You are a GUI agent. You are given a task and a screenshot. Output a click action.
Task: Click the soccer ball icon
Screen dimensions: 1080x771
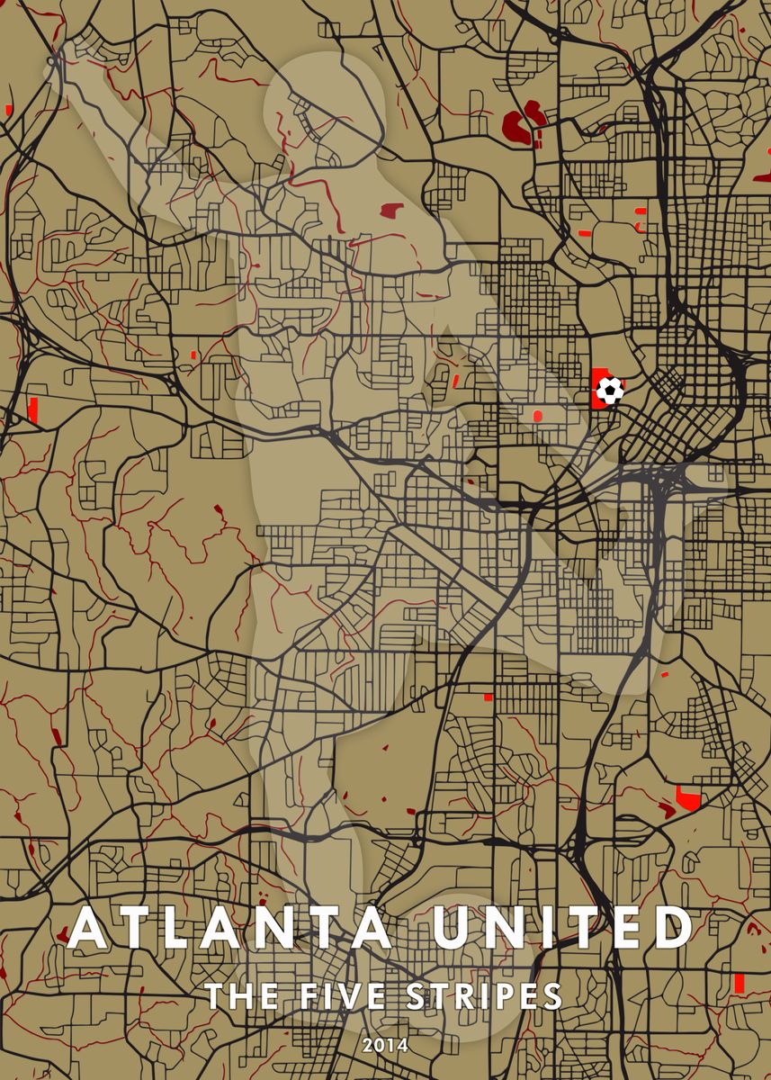(x=609, y=390)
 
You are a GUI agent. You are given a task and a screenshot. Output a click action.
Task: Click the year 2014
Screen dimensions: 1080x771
(x=385, y=1045)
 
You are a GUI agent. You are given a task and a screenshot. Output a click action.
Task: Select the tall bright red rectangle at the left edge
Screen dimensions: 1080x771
(x=34, y=409)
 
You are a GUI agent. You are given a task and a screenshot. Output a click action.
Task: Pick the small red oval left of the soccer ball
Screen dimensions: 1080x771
(x=537, y=415)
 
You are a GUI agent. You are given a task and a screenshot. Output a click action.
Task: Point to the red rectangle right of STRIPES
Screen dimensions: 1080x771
(x=739, y=983)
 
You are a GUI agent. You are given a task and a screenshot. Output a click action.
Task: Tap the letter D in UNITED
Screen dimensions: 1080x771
(x=673, y=929)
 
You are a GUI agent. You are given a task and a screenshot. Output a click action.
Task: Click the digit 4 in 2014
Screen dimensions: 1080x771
(x=402, y=1045)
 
